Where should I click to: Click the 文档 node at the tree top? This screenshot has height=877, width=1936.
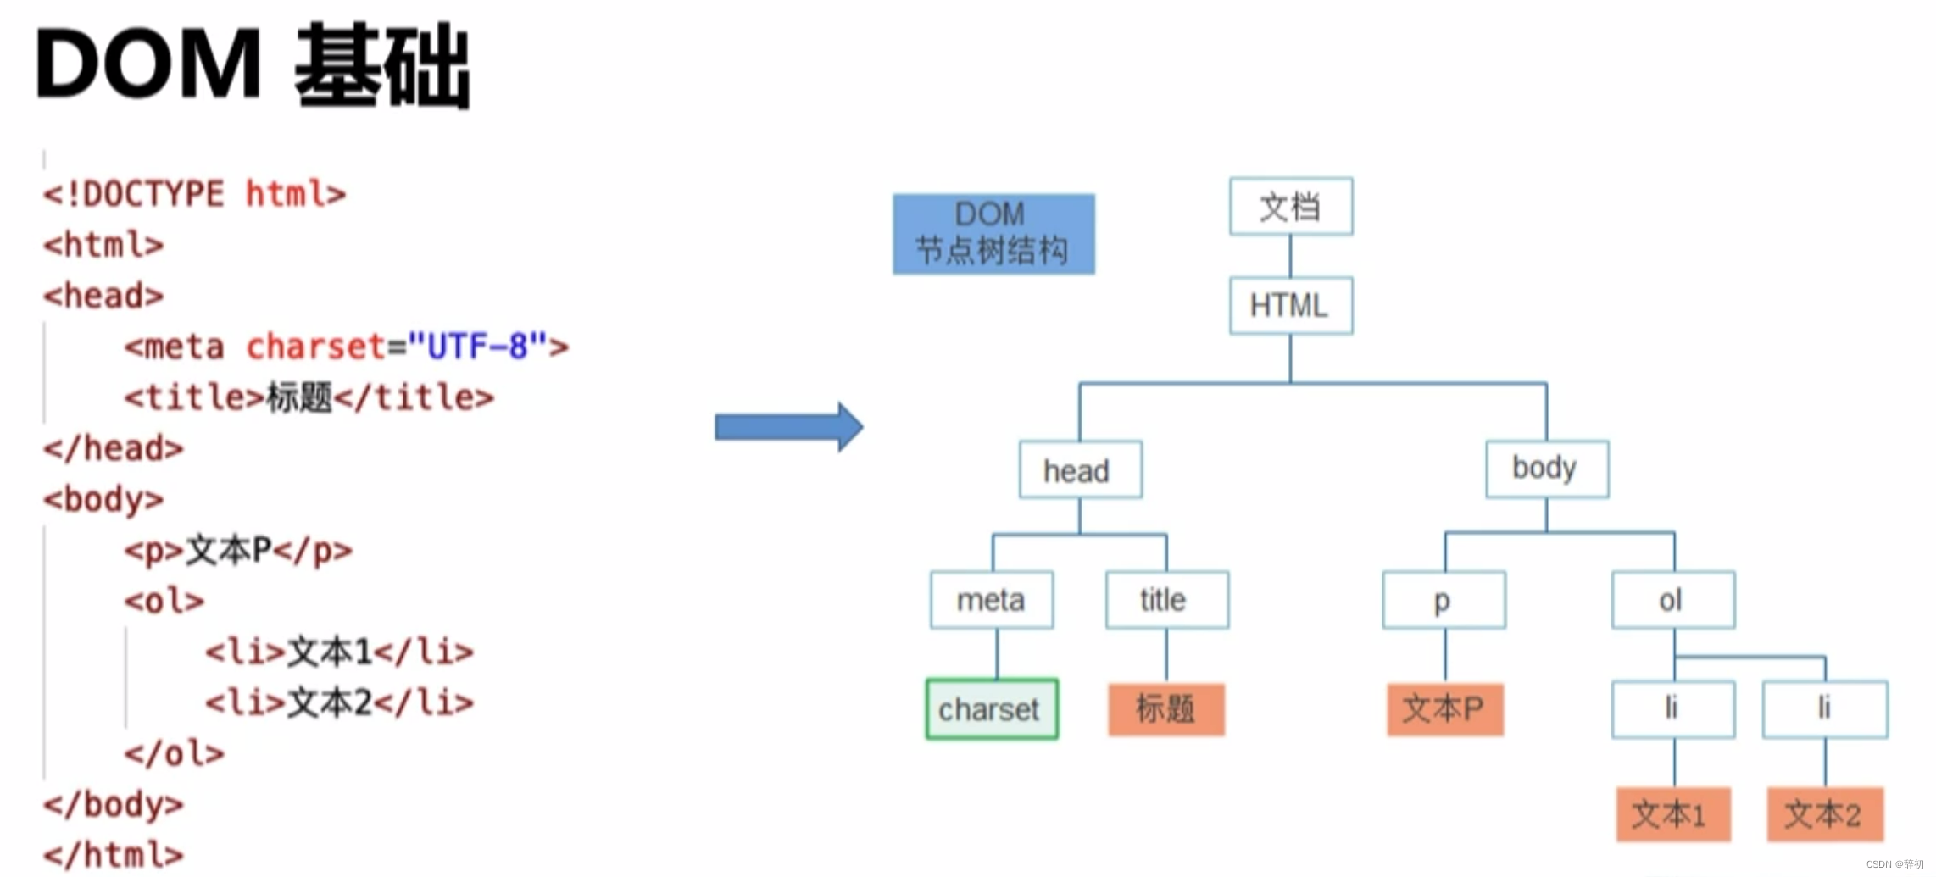(x=1290, y=206)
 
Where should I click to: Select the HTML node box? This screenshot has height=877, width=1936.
(x=1290, y=305)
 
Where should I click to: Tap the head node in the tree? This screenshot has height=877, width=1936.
(x=1080, y=469)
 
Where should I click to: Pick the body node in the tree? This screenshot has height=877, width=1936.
(x=1547, y=469)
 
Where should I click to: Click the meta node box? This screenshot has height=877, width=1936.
(x=992, y=600)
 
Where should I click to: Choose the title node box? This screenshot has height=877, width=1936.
(x=1166, y=600)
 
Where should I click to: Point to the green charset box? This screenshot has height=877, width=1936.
(x=992, y=709)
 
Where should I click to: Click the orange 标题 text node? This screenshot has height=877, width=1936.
(x=1166, y=709)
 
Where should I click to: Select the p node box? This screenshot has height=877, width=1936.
(x=1444, y=600)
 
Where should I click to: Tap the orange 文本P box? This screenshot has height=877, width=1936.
(x=1444, y=709)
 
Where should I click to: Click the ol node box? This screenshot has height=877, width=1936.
(x=1673, y=600)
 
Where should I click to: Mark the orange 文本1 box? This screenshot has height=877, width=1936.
(x=1673, y=814)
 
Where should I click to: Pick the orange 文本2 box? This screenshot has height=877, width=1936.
(x=1825, y=814)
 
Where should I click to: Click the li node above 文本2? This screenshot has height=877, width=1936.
(x=1825, y=708)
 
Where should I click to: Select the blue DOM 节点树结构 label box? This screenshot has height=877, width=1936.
(x=993, y=234)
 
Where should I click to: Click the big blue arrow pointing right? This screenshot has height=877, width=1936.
(x=789, y=426)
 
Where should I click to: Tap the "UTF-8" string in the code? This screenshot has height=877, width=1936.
(x=478, y=347)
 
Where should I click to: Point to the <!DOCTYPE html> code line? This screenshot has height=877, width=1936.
(x=195, y=194)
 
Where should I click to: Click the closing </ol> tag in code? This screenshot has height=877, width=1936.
(x=175, y=753)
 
